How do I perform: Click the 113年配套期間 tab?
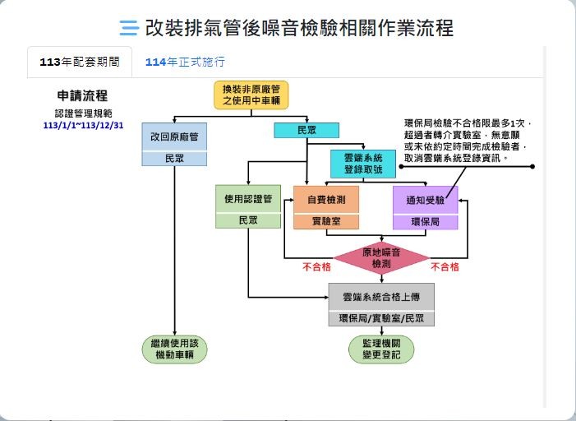click(80, 62)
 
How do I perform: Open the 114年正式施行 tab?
click(185, 62)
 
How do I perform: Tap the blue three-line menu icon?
click(129, 28)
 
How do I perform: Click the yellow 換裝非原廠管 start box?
click(251, 95)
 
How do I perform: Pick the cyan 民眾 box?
click(306, 130)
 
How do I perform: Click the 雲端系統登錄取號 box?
click(363, 164)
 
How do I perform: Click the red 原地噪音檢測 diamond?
click(381, 258)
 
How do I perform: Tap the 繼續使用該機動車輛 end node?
click(174, 349)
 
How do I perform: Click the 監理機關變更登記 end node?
click(381, 349)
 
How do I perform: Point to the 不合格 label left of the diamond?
click(316, 267)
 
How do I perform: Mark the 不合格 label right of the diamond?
click(445, 267)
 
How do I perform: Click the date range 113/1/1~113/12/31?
click(83, 125)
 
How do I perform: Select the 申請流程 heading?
click(82, 95)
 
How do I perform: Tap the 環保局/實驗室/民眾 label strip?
click(381, 318)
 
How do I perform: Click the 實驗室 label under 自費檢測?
click(326, 221)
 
